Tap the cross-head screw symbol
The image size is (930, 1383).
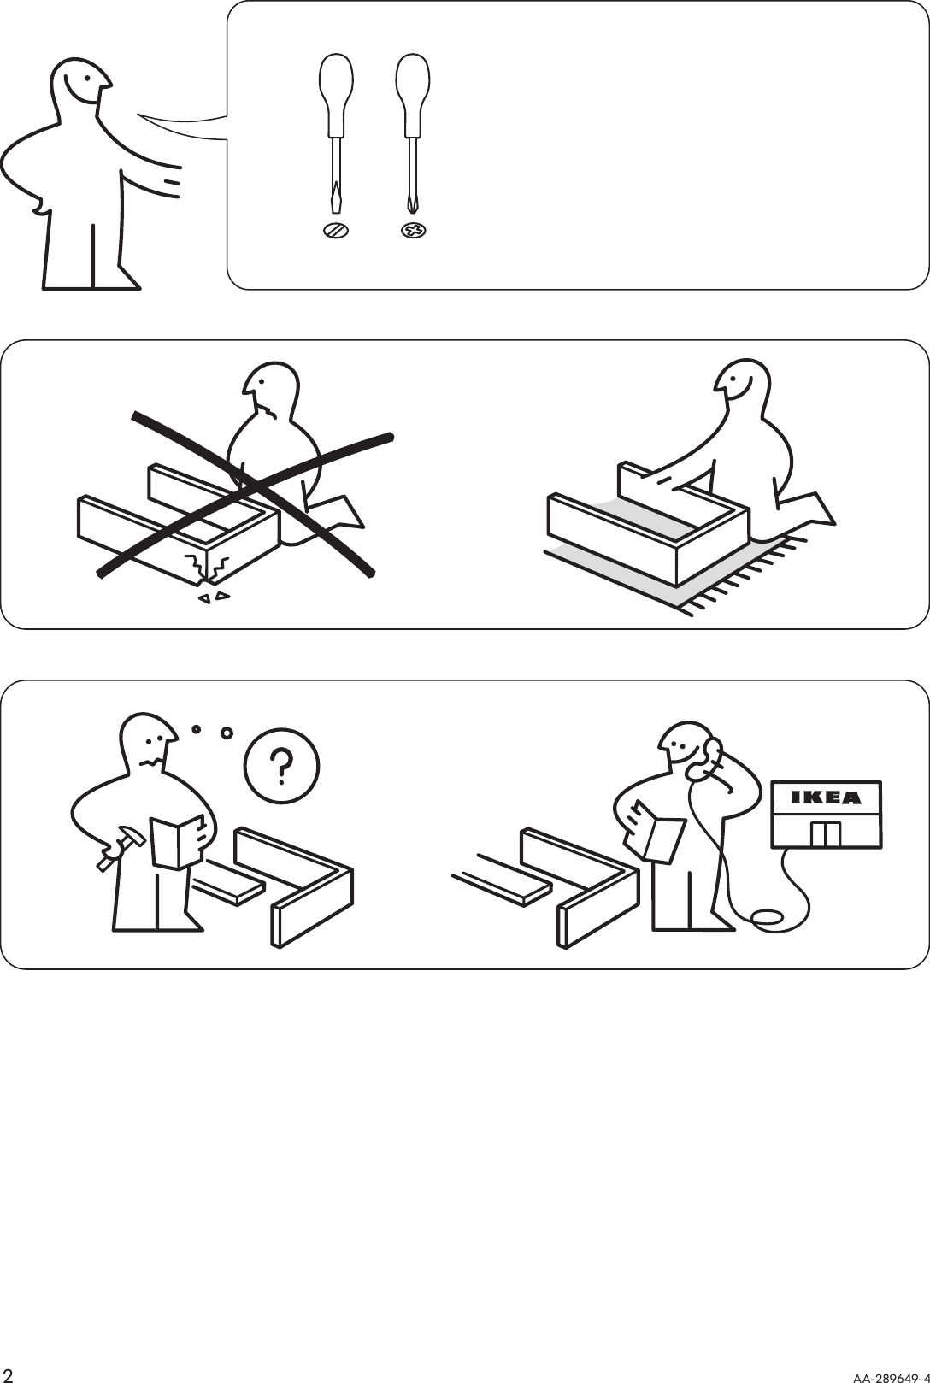[414, 230]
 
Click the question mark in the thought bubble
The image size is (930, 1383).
[281, 769]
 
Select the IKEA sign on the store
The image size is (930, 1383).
[825, 798]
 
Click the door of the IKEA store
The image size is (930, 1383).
[825, 833]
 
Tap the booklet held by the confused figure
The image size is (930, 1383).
[176, 843]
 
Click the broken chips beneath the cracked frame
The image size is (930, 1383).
[214, 597]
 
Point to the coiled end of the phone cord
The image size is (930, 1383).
[766, 917]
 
